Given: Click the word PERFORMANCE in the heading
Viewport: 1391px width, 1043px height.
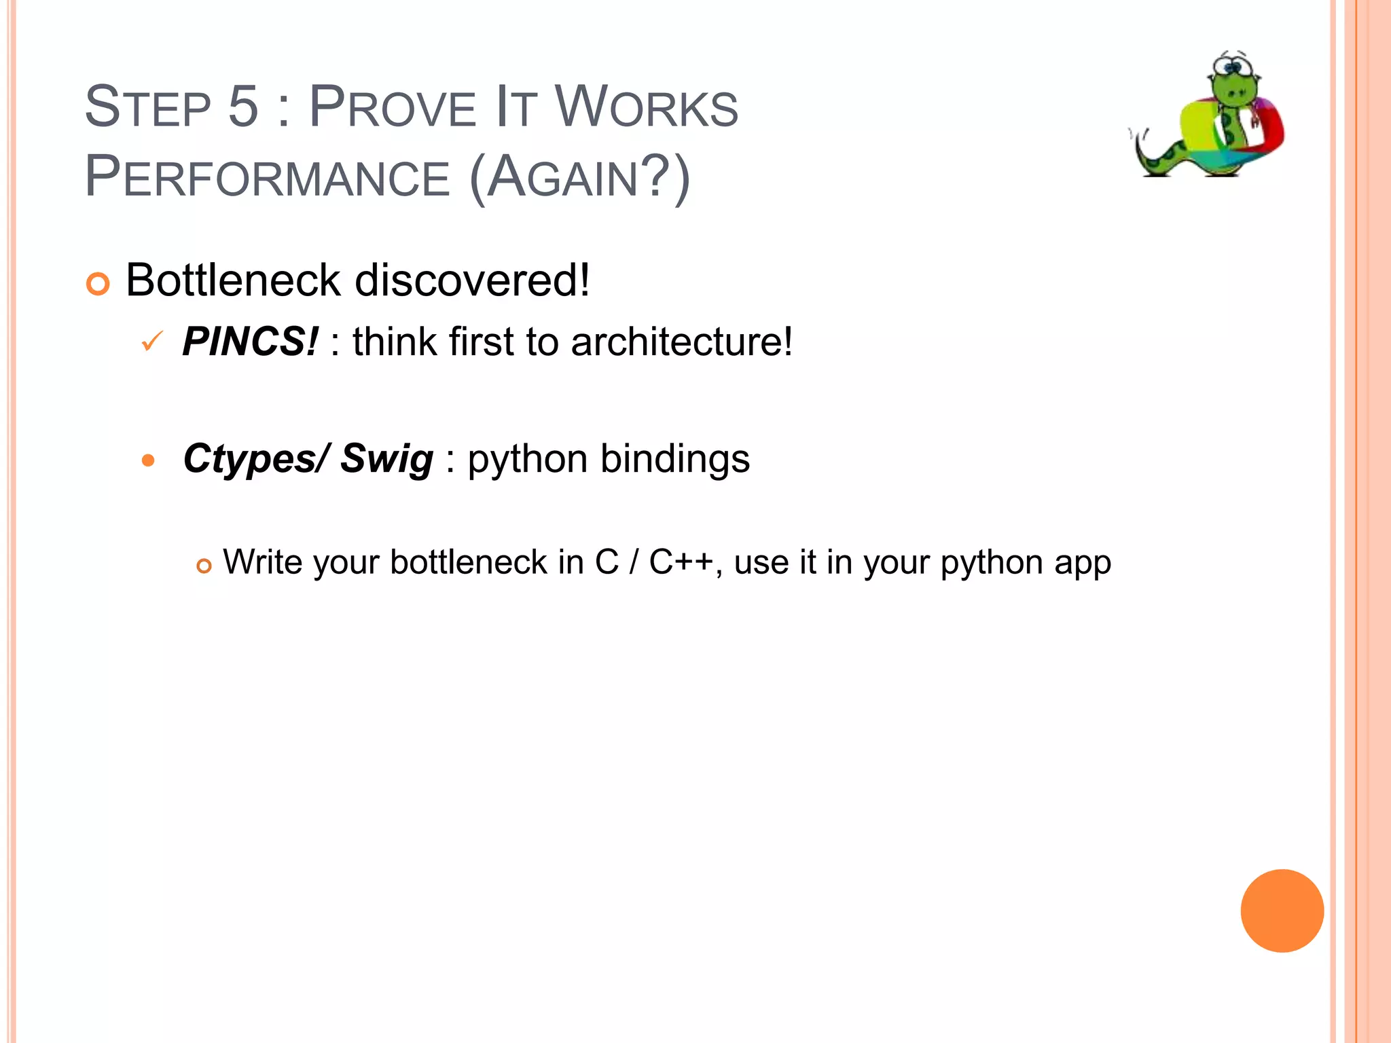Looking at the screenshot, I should coord(267,177).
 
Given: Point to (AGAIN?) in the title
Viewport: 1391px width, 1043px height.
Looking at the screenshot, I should coord(579,177).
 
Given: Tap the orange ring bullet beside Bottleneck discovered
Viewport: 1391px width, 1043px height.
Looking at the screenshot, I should coord(98,284).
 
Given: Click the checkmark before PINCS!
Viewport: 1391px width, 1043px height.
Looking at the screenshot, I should coord(151,341).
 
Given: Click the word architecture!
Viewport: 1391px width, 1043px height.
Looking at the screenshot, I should coord(681,341).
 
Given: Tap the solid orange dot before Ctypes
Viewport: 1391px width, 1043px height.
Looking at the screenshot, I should coord(148,461).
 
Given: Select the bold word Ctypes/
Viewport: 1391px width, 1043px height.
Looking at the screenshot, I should coord(257,460).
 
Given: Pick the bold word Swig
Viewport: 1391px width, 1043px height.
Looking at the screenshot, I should coord(386,460).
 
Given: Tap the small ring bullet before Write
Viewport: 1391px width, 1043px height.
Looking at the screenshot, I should coord(204,566).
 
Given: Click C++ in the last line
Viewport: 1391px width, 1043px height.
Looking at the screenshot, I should coord(681,562).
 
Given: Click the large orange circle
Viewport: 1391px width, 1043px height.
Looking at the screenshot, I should coord(1282,911).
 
